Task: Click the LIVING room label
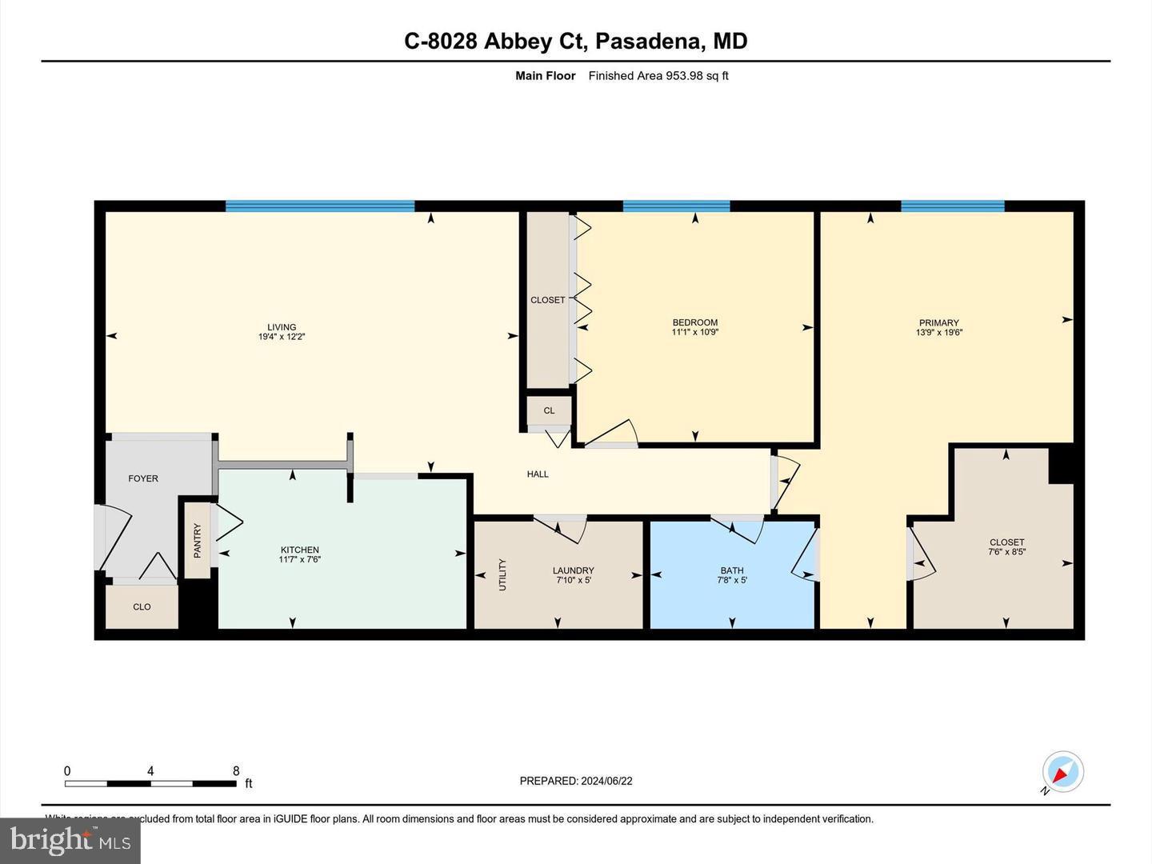[x=282, y=327]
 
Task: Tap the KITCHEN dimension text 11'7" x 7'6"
[x=300, y=560]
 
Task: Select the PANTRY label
[x=198, y=540]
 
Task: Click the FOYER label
[x=143, y=478]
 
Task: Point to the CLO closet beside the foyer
[x=142, y=606]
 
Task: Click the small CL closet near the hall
[x=549, y=410]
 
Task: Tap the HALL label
[x=538, y=474]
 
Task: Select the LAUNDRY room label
[x=573, y=570]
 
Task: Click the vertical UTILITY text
[x=502, y=574]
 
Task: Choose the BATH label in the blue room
[x=732, y=570]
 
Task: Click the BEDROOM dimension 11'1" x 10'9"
[x=695, y=332]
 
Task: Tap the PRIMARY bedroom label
[x=939, y=323]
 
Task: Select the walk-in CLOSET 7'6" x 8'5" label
[x=1006, y=542]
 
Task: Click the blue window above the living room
[x=320, y=206]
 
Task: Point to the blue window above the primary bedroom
[x=952, y=206]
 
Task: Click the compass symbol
[x=1063, y=773]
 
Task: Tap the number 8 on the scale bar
[x=236, y=771]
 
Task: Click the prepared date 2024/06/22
[x=606, y=781]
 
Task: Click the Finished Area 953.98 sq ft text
[x=658, y=76]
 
